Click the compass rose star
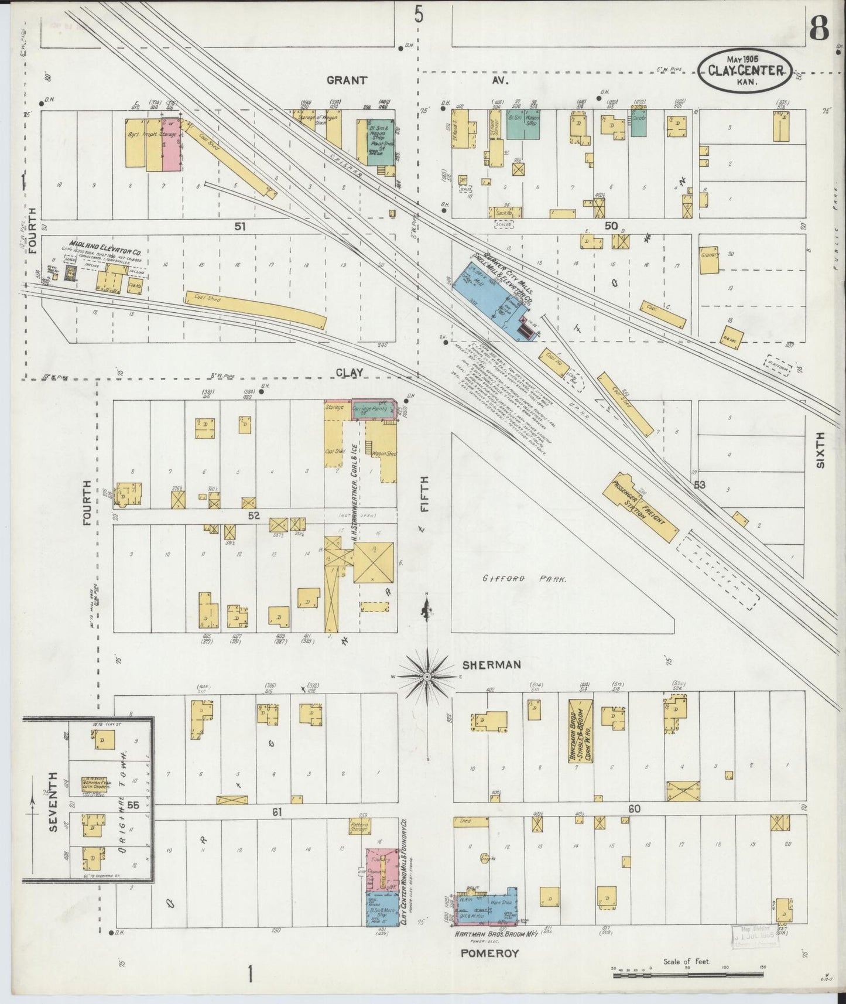tap(427, 677)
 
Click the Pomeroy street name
tap(489, 953)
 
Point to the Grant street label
tap(347, 80)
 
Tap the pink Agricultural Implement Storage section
tap(170, 144)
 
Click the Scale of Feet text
tap(686, 962)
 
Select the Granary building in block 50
tap(709, 260)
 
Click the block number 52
tap(253, 515)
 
